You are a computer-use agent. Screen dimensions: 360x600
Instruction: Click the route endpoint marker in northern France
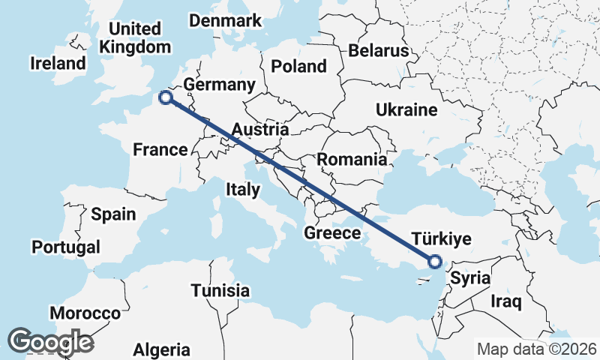click(165, 97)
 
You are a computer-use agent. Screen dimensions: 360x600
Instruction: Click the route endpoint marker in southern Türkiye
click(433, 262)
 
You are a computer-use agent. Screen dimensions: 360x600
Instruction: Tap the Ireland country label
click(58, 63)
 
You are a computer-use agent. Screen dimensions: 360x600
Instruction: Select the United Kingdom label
click(136, 38)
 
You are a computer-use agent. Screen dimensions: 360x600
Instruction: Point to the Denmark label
click(225, 20)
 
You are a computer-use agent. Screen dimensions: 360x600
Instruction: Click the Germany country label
click(220, 84)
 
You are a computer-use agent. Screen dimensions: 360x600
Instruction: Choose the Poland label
click(299, 66)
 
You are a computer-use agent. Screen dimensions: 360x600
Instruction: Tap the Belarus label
click(378, 51)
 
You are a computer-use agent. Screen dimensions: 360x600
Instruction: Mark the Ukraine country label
click(406, 110)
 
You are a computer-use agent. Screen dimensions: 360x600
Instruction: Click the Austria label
click(260, 130)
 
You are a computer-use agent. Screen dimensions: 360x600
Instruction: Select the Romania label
click(352, 159)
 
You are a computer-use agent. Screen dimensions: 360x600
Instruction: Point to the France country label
click(160, 150)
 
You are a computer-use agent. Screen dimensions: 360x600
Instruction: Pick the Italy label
click(242, 190)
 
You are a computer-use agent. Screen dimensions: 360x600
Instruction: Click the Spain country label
click(113, 214)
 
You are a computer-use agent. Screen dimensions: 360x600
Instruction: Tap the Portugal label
click(66, 247)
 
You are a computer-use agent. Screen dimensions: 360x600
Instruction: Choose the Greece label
click(332, 233)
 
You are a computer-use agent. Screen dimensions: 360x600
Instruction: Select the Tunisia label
click(220, 290)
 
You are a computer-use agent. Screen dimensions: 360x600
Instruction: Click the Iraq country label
click(506, 301)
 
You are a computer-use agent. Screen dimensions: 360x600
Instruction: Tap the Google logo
click(51, 342)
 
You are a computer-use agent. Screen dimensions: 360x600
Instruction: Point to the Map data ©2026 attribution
click(536, 349)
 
